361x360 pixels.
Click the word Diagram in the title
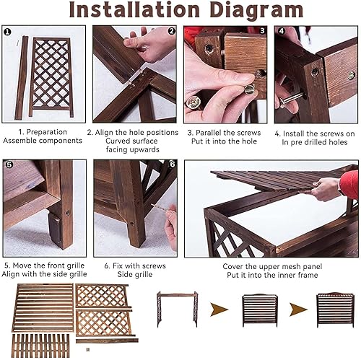[x=256, y=10]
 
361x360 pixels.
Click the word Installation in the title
[x=134, y=9]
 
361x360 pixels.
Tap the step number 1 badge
[x=7, y=32]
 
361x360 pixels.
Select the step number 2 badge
[x=171, y=31]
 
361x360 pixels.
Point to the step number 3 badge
[x=262, y=31]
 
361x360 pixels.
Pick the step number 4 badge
[x=281, y=31]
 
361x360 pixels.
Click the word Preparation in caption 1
[x=47, y=132]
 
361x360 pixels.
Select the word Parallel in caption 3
[x=206, y=133]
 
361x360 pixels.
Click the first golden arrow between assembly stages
[x=219, y=309]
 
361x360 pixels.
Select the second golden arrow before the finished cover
[x=298, y=309]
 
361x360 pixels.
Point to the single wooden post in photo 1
[x=22, y=77]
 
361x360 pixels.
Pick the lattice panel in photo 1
[x=51, y=77]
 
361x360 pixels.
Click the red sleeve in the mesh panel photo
[x=349, y=184]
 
